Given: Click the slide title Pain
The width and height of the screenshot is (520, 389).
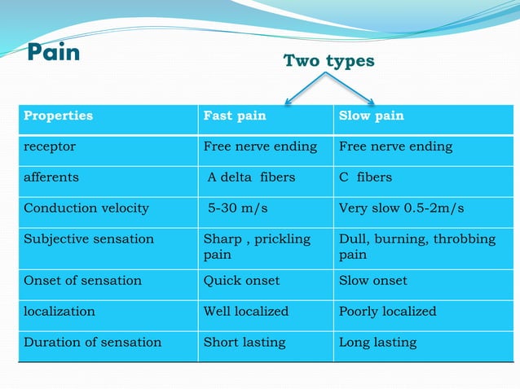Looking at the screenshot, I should click(54, 54).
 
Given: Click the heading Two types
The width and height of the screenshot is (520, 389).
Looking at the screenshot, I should click(328, 61).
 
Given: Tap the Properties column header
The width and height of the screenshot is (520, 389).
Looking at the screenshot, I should click(58, 116).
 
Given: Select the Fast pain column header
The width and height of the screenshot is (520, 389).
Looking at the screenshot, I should click(235, 116).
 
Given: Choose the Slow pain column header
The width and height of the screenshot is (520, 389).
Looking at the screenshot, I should click(371, 116).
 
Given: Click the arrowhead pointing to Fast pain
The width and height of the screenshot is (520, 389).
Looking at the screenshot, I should click(286, 103).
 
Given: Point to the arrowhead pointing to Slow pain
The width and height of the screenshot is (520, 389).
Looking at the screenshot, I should click(371, 103).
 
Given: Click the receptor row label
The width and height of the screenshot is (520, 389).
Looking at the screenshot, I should click(49, 146).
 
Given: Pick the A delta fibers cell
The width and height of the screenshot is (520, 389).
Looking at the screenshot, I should click(251, 177).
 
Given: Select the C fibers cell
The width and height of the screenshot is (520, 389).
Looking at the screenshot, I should click(365, 177).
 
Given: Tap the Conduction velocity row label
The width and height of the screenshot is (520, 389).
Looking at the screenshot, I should click(86, 208).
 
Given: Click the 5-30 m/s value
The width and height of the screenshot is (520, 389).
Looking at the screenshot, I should click(238, 208).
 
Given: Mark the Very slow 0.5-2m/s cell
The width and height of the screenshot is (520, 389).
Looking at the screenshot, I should click(401, 208).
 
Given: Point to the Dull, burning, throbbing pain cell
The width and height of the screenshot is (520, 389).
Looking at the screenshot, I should click(416, 247).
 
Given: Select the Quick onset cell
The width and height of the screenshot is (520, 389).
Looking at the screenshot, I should click(241, 280).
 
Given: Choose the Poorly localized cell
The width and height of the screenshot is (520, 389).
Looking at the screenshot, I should click(387, 311).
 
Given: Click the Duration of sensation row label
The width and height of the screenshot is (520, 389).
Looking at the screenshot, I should click(92, 342).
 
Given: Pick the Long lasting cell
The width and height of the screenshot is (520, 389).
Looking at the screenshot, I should click(377, 342).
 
